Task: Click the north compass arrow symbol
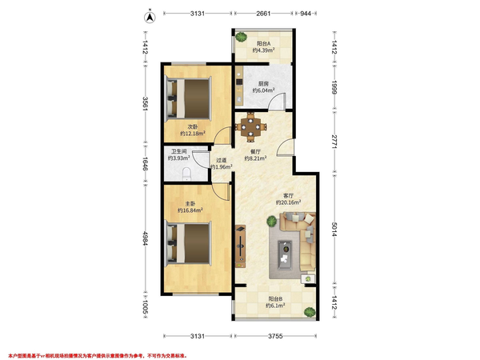[150, 17]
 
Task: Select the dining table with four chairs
[250, 127]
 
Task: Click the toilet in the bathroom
[186, 174]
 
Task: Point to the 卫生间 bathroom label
[178, 151]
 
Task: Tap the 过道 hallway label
[222, 160]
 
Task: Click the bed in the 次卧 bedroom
[189, 98]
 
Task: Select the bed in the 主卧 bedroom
[189, 244]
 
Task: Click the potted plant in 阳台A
[242, 37]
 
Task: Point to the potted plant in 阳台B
[310, 312]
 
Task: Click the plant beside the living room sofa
[271, 222]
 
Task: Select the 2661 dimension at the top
[263, 13]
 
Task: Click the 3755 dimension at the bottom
[275, 336]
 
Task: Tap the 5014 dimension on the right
[334, 229]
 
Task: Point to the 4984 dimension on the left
[146, 238]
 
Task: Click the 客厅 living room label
[288, 196]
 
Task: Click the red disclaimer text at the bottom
[98, 356]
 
